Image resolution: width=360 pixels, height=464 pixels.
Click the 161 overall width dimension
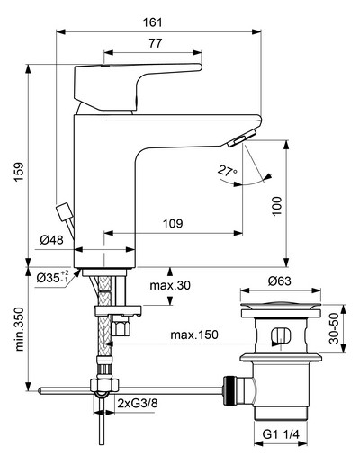click(152, 22)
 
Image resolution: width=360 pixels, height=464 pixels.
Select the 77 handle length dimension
click(155, 43)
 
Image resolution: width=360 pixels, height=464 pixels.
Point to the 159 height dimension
click(19, 172)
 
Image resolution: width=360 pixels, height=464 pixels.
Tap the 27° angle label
click(227, 171)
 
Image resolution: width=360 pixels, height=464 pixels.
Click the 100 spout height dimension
click(277, 206)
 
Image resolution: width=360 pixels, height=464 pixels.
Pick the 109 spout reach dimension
click(173, 224)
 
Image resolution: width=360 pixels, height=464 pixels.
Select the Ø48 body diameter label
click(52, 240)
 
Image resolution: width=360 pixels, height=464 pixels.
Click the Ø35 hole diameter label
click(53, 277)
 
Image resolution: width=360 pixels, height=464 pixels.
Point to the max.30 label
click(170, 285)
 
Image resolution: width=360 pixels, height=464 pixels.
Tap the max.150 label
click(194, 335)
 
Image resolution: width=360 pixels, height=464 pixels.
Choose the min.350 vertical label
click(20, 329)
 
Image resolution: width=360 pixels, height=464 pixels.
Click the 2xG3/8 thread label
click(138, 404)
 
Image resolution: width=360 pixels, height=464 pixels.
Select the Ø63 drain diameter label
click(280, 281)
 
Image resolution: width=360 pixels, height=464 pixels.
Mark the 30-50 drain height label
click(334, 328)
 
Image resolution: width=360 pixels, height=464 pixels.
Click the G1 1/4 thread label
click(281, 434)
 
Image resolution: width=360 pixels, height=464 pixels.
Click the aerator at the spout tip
click(241, 138)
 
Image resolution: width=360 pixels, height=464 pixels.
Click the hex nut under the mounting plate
click(121, 328)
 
